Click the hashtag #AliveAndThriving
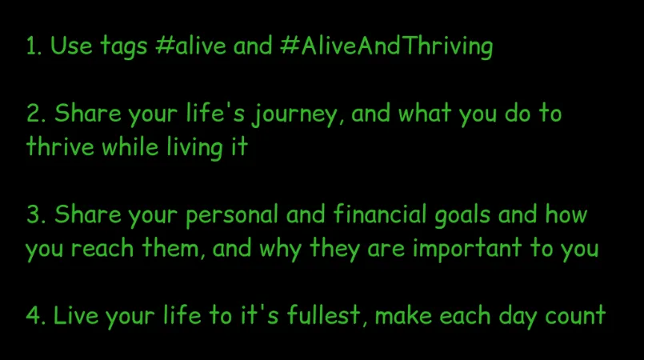point(386,46)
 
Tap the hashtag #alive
point(191,45)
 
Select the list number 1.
point(33,46)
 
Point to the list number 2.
point(36,114)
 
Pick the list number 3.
point(36,214)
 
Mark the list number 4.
point(36,315)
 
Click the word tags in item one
point(123,46)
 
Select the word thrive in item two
point(60,146)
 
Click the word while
point(130,146)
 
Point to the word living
point(195,148)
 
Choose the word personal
point(232,216)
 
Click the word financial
point(379,214)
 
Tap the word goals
point(462,216)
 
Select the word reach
point(102,249)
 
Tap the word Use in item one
point(71,46)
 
